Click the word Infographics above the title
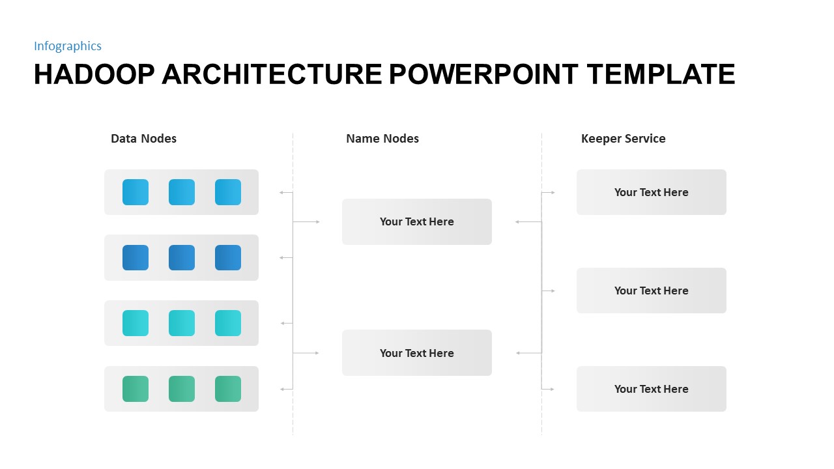click(x=68, y=46)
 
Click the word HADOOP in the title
click(x=93, y=74)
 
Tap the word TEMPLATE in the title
click(x=661, y=74)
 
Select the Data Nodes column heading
click(x=143, y=138)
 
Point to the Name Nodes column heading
click(x=382, y=138)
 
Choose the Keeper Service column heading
click(x=623, y=138)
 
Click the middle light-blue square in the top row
click(x=182, y=192)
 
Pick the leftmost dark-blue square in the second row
click(x=136, y=257)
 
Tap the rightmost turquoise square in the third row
click(x=228, y=323)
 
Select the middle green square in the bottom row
click(x=182, y=389)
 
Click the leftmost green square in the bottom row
click(x=136, y=389)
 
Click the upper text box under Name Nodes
click(x=417, y=221)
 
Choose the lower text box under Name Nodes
click(x=417, y=352)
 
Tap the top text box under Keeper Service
click(x=651, y=192)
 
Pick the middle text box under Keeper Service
click(x=651, y=291)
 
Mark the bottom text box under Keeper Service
click(x=651, y=389)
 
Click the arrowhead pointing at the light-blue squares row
click(x=281, y=192)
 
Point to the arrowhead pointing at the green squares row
click(x=281, y=389)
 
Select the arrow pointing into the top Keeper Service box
click(x=553, y=192)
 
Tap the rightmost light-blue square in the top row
click(x=228, y=192)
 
